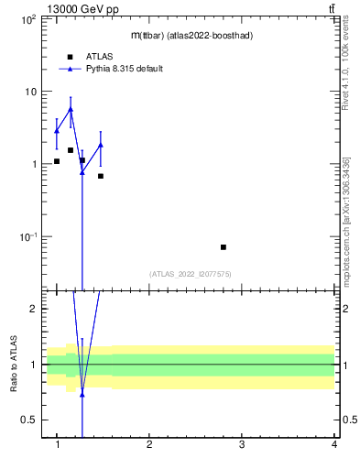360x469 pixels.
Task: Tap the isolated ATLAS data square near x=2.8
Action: tap(224, 247)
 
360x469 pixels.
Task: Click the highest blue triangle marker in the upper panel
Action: tap(71, 109)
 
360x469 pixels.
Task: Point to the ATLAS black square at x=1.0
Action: tap(57, 161)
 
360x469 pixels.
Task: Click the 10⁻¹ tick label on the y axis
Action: tap(27, 236)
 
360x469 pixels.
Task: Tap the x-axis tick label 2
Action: tap(149, 445)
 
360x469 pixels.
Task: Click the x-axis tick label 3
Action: tap(242, 445)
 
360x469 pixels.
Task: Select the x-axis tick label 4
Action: tap(333, 445)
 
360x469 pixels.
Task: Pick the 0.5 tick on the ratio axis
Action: tap(28, 420)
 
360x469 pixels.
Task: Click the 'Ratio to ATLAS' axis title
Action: tap(14, 365)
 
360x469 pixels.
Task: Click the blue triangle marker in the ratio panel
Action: tap(82, 395)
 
